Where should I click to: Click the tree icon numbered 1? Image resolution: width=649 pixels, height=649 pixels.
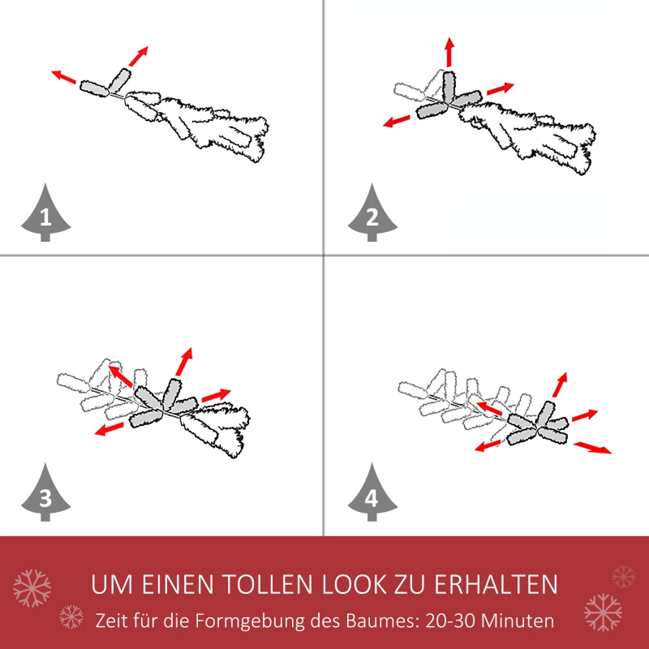(x=45, y=214)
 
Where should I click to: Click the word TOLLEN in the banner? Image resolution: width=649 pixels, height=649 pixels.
(x=269, y=584)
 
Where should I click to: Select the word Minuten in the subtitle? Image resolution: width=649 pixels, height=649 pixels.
(x=520, y=621)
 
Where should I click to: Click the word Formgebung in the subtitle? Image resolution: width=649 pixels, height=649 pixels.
(x=242, y=621)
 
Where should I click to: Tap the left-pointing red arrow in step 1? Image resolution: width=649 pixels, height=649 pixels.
(x=64, y=77)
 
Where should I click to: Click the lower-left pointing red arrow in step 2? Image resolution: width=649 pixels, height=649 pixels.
(x=397, y=122)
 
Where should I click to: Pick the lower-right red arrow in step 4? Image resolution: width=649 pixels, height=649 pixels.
(x=593, y=447)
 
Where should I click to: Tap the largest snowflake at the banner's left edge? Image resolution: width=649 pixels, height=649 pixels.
(x=32, y=587)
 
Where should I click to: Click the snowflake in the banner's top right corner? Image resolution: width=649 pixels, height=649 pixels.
(x=623, y=576)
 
